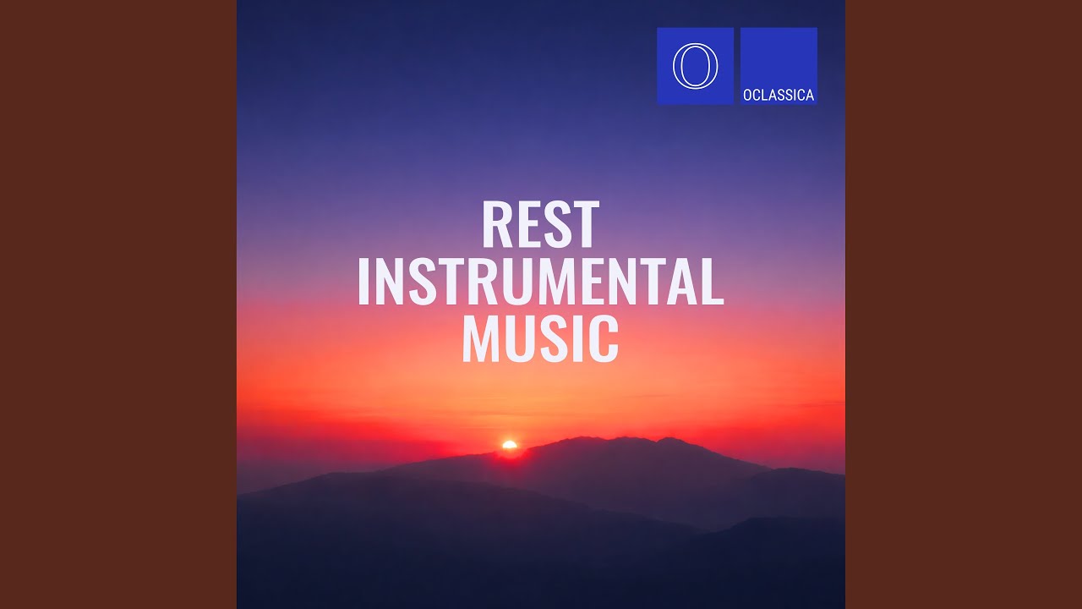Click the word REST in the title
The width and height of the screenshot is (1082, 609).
[540, 225]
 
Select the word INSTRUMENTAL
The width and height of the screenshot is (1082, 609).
[540, 282]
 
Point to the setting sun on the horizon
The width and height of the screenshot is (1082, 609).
[509, 445]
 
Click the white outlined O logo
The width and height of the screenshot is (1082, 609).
[695, 66]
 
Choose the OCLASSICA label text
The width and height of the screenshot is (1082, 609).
[779, 96]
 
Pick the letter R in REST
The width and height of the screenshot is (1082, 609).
[495, 225]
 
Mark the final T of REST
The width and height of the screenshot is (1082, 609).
[585, 225]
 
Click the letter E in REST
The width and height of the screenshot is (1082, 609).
[526, 225]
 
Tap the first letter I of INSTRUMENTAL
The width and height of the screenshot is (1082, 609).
[363, 282]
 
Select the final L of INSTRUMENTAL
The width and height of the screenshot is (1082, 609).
[713, 282]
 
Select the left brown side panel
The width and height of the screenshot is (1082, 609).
[118, 304]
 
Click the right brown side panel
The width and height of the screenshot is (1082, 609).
[964, 304]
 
